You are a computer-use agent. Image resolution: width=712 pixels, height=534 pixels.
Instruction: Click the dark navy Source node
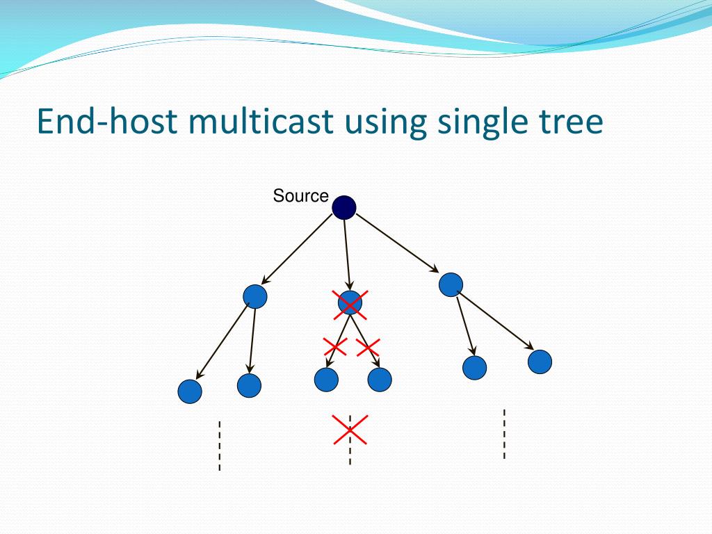click(344, 207)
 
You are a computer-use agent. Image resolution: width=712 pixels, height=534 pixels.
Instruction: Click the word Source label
click(300, 196)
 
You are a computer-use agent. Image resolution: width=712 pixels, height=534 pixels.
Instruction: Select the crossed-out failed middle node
click(350, 303)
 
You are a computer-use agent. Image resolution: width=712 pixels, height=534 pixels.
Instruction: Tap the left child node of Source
click(255, 297)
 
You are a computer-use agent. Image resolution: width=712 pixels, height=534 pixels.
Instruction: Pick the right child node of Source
click(451, 284)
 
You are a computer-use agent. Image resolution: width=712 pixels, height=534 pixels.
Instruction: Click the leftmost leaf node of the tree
click(190, 391)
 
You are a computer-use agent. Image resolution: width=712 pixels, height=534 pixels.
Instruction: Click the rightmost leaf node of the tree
click(540, 362)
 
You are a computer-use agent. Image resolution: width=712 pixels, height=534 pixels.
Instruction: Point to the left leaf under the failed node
click(326, 380)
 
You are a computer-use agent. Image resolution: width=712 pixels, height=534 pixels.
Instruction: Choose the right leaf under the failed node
click(380, 380)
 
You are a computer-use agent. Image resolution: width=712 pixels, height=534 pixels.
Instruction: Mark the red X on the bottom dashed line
click(350, 429)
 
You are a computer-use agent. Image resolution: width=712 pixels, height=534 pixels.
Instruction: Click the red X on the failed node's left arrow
click(335, 346)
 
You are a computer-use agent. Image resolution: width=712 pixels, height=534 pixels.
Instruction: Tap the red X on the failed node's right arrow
click(368, 346)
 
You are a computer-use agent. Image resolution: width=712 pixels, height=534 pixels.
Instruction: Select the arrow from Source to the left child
click(297, 248)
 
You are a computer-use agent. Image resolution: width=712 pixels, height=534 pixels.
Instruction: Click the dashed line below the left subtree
click(220, 445)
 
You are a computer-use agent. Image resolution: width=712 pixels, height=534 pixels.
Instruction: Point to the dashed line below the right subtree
click(504, 434)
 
